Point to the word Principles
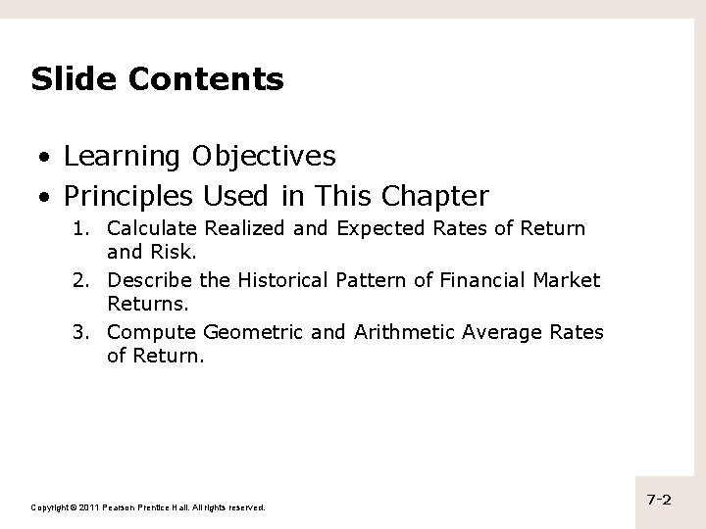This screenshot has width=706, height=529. tap(128, 197)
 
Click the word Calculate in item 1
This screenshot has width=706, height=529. tap(149, 229)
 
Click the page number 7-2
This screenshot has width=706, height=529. tap(658, 501)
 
